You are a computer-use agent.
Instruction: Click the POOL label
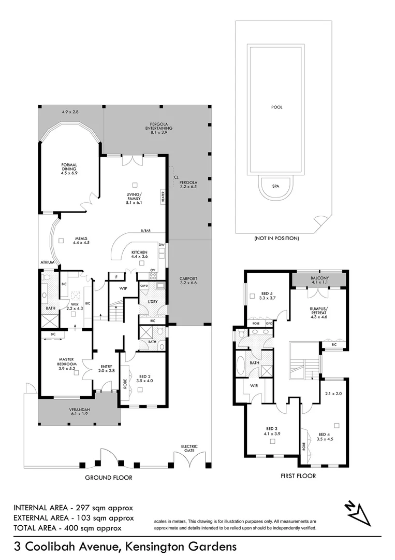(276, 107)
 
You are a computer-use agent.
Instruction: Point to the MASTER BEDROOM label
(67, 364)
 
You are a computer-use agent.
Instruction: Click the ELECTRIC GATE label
(189, 449)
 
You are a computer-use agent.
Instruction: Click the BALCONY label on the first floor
(319, 278)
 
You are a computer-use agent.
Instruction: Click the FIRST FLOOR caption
(298, 475)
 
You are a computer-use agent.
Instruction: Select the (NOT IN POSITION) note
(276, 239)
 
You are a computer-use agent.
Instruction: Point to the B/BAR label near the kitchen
(145, 231)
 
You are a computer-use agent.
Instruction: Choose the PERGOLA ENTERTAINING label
(158, 128)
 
